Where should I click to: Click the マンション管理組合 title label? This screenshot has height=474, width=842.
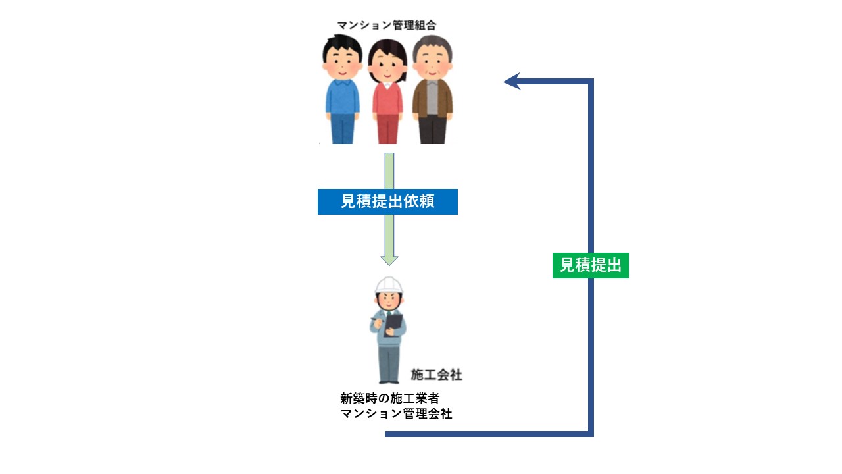[386, 25]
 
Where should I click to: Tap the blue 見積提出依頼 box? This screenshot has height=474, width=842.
[387, 201]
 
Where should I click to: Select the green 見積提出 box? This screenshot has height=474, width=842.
[590, 265]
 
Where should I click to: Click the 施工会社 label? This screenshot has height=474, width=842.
[436, 375]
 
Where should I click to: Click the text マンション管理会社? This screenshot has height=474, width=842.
[396, 414]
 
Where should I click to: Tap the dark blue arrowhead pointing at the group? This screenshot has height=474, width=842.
[511, 81]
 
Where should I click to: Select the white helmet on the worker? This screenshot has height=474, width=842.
[389, 285]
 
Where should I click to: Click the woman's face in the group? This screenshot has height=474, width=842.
[387, 66]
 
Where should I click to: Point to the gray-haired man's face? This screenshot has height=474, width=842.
[432, 63]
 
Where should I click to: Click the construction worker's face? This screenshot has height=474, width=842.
[388, 300]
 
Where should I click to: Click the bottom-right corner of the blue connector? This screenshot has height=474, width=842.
[590, 433]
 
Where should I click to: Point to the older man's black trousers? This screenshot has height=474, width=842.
[432, 130]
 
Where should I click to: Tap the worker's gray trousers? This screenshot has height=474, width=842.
[389, 362]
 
